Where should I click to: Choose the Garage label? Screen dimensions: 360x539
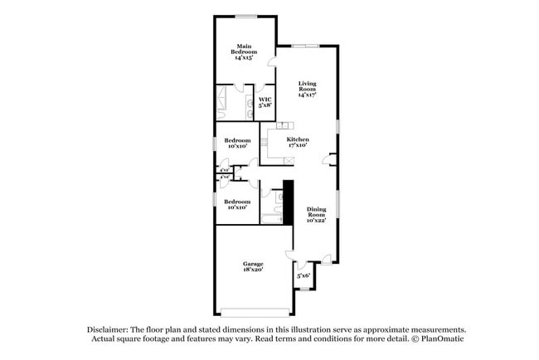coord(253,264)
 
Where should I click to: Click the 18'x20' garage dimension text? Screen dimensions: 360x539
coord(253,270)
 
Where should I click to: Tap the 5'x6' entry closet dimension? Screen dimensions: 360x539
coord(303,275)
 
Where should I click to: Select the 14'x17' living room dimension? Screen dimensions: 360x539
coord(308,95)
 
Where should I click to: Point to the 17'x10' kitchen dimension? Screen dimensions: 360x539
coord(298,145)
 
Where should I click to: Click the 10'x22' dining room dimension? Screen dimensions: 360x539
coord(316,221)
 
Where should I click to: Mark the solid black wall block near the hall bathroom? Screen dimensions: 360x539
coord(289,202)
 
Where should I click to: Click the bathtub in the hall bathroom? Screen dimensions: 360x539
coord(272,218)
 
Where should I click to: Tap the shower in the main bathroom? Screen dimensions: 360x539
coord(226,101)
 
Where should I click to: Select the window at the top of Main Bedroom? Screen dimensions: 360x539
coord(245,16)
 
